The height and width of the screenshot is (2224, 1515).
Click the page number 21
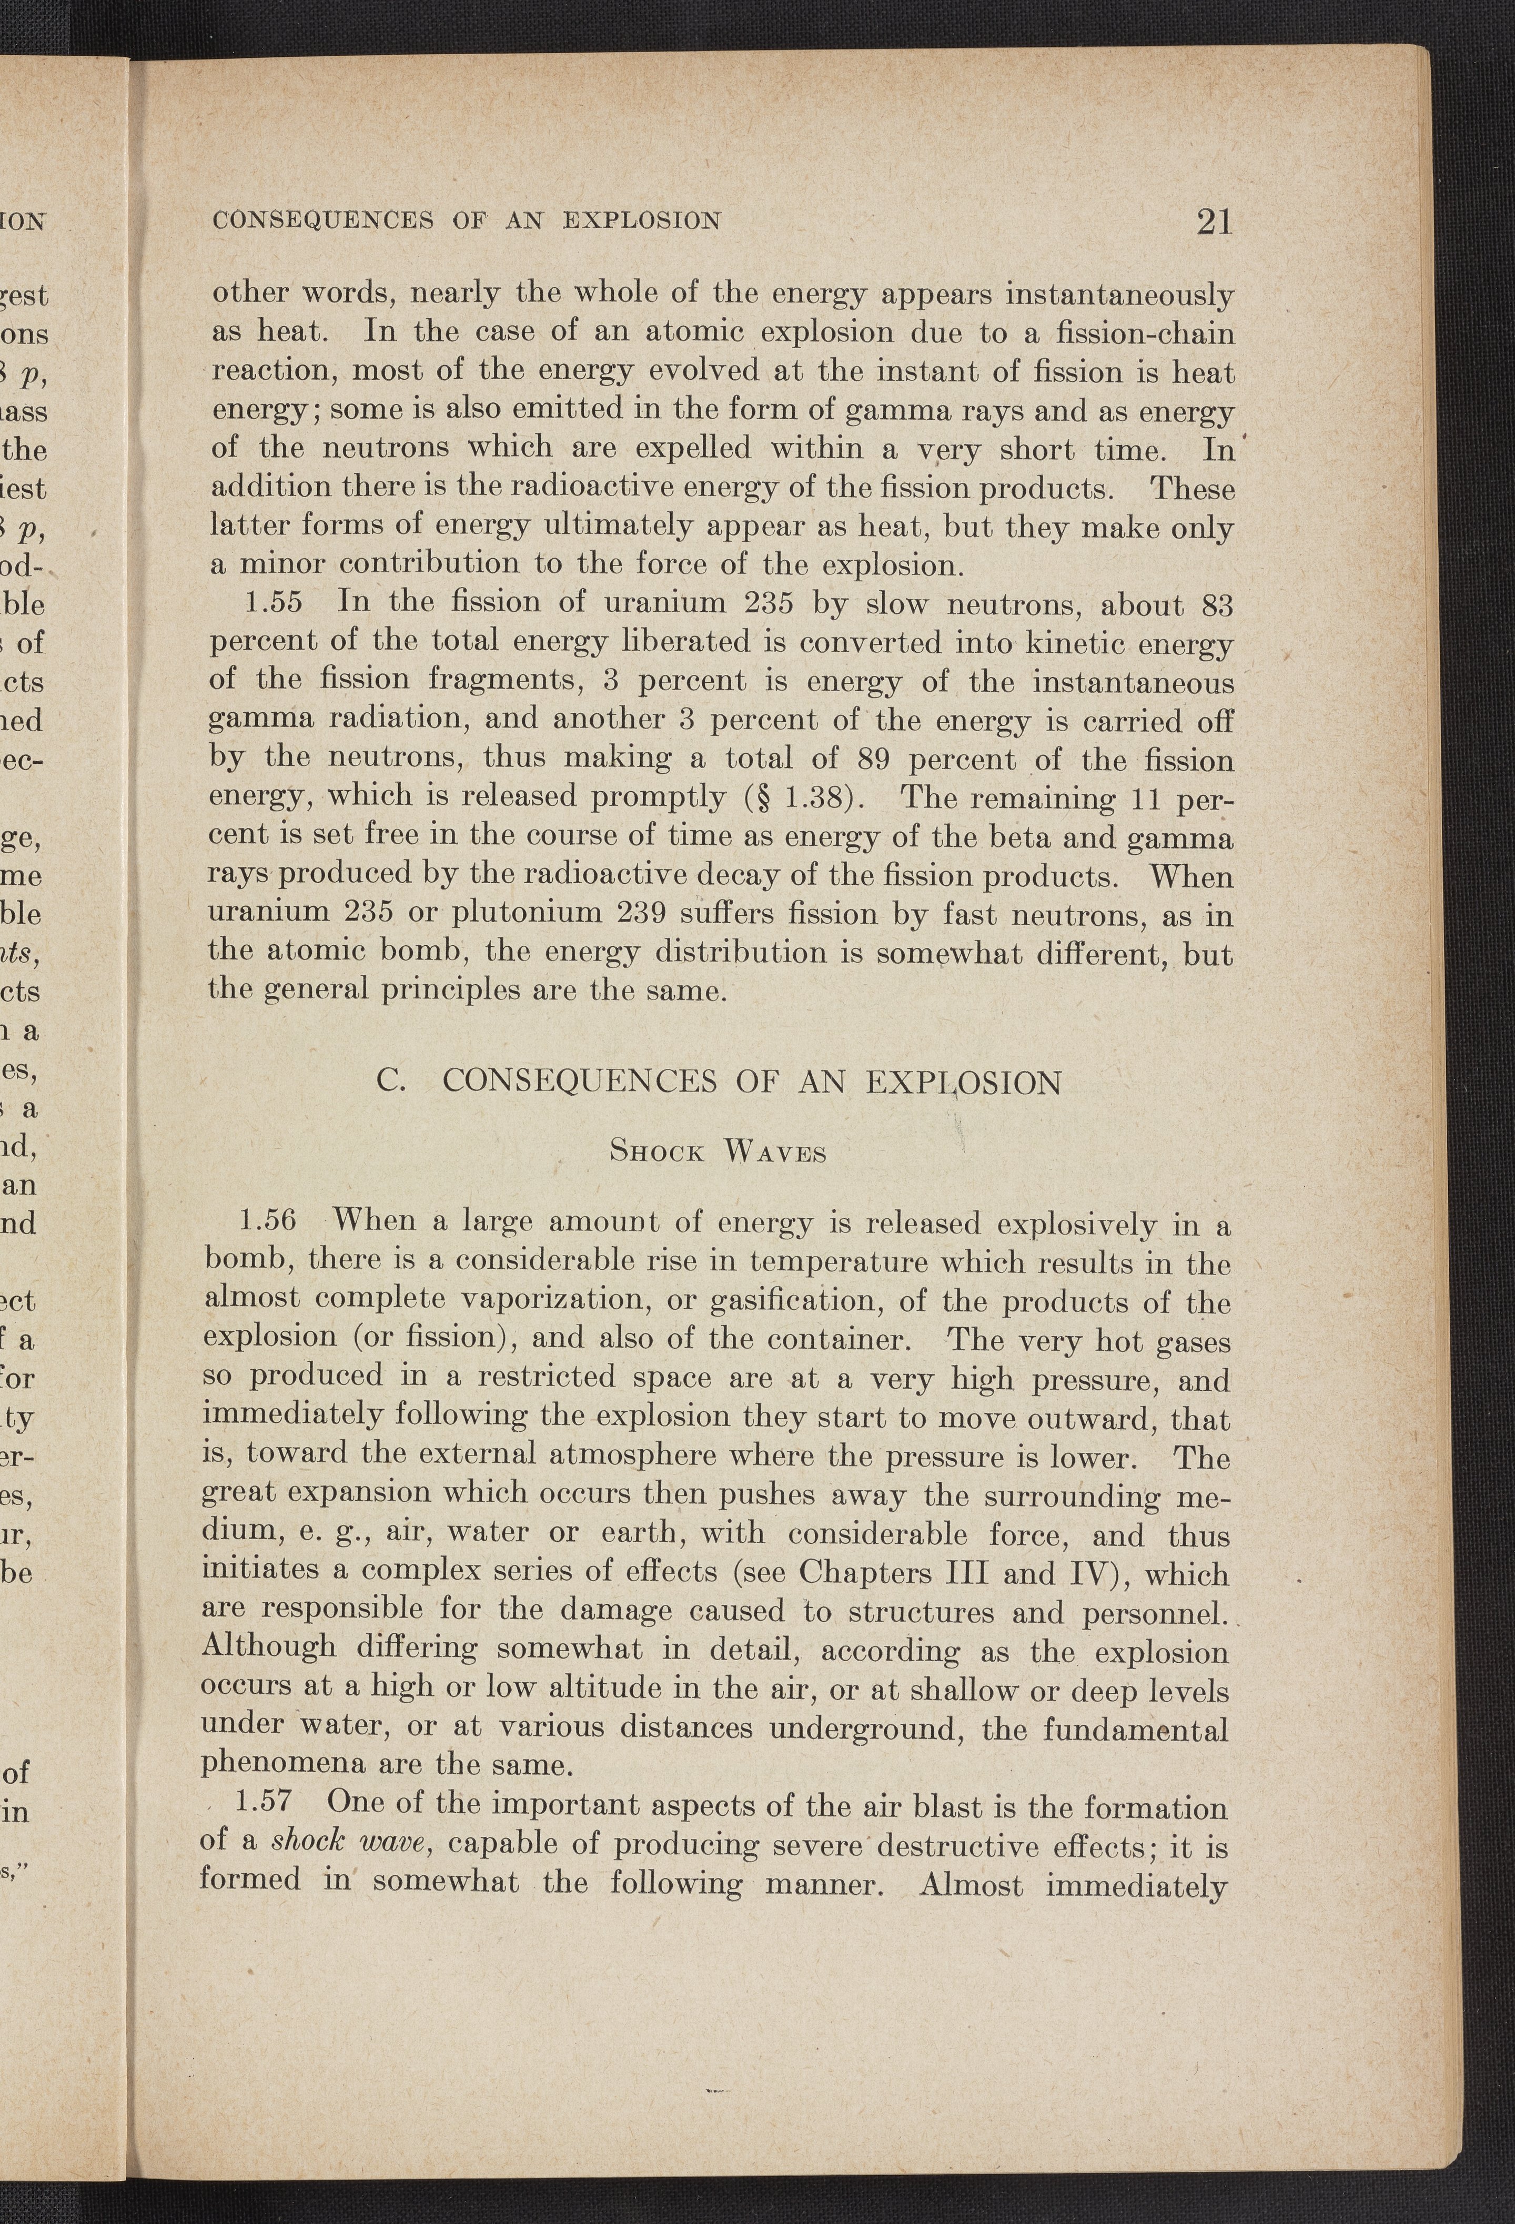1213,222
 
